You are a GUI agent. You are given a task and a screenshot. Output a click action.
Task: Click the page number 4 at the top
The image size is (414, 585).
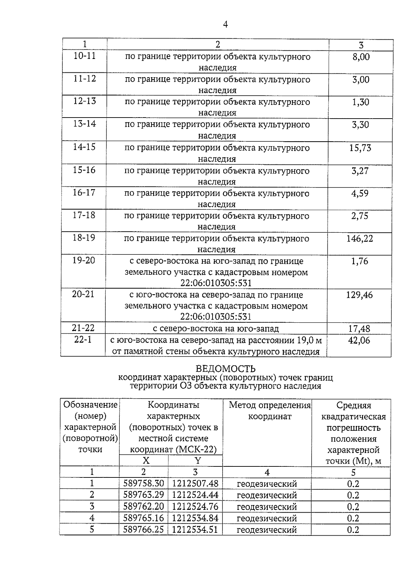(x=225, y=24)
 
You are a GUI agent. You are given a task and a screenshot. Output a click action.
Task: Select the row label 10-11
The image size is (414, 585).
(x=85, y=56)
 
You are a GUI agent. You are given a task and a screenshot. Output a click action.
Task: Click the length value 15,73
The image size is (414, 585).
(x=360, y=148)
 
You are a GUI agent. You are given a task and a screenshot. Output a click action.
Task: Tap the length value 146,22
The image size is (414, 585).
(x=360, y=239)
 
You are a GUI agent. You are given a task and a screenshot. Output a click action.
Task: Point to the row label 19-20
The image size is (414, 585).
(x=83, y=260)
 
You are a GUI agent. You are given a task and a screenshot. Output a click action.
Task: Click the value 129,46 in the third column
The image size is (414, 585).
(x=359, y=295)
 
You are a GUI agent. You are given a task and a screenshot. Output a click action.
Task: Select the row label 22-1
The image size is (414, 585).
(x=83, y=340)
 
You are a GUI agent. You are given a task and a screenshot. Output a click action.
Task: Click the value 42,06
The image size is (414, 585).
(x=359, y=341)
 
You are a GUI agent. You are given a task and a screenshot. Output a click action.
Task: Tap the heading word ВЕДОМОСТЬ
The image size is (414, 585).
(x=226, y=369)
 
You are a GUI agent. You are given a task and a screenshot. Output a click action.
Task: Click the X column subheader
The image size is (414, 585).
(x=146, y=461)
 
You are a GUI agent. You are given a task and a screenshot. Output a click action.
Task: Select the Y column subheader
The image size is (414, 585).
(x=198, y=461)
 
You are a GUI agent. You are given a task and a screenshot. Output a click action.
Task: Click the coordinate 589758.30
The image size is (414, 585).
(x=144, y=484)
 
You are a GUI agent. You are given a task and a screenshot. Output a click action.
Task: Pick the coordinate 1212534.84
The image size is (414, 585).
(x=195, y=518)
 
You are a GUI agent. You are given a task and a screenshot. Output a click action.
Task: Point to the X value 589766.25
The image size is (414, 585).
(x=144, y=529)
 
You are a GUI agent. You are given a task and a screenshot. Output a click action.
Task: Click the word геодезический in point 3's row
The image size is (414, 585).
(x=267, y=507)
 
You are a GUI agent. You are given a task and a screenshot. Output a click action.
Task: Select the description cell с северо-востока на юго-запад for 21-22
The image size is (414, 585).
(x=216, y=329)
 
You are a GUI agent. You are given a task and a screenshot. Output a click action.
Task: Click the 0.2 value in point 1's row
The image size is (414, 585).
(x=353, y=484)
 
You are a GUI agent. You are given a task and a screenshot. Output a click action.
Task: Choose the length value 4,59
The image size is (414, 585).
(x=360, y=193)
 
